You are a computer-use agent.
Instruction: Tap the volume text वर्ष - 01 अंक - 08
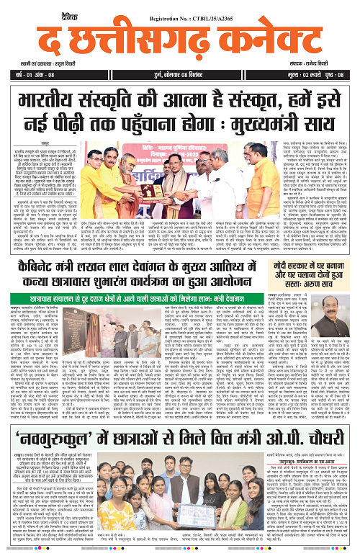point(29,75)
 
